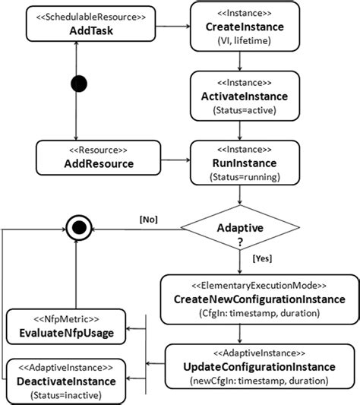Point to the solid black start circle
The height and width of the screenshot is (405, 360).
click(x=77, y=84)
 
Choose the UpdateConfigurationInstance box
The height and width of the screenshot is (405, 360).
click(x=260, y=366)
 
